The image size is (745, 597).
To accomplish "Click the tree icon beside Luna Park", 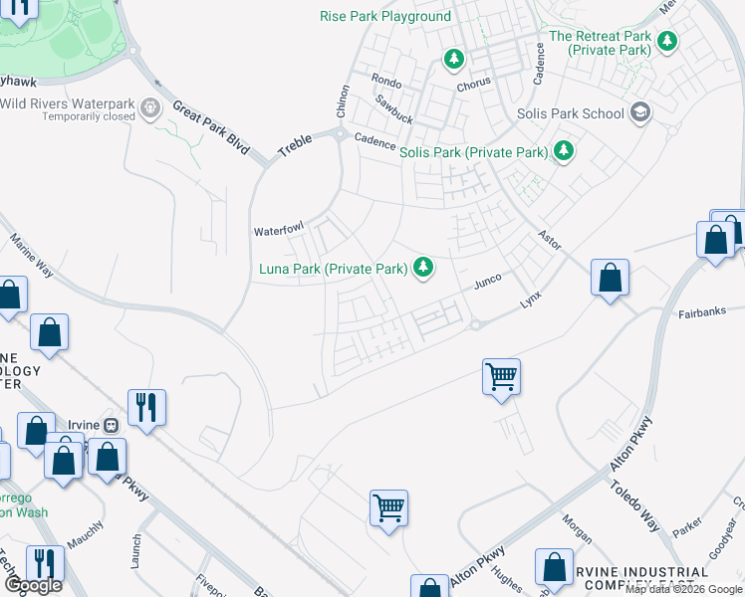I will (x=423, y=267).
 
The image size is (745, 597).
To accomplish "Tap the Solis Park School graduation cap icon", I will (x=639, y=112).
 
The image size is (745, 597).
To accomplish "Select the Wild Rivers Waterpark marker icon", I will (x=151, y=105).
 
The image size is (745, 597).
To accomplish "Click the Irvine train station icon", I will (x=112, y=425).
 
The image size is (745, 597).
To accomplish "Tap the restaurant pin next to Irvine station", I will (x=146, y=406).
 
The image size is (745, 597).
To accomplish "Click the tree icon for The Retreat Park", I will (x=666, y=43).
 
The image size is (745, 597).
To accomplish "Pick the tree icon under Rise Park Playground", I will (x=454, y=60).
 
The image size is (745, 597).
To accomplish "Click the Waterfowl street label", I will (x=278, y=230).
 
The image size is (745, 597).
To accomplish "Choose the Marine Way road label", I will (x=32, y=256).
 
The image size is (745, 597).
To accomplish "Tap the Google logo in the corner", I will (x=33, y=585).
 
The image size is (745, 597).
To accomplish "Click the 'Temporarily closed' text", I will (x=89, y=116).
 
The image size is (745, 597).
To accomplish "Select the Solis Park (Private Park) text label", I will (x=474, y=152).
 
